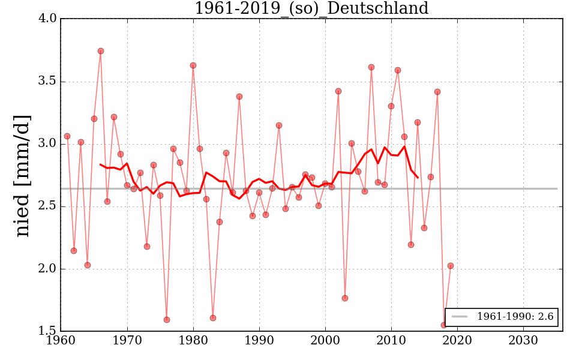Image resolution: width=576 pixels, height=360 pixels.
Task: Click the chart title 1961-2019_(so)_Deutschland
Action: click(x=311, y=8)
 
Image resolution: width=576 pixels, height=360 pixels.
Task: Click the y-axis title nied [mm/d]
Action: click(x=22, y=175)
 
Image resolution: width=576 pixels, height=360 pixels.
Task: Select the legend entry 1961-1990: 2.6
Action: click(x=502, y=316)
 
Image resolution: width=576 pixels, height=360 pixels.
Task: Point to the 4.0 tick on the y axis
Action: click(x=48, y=19)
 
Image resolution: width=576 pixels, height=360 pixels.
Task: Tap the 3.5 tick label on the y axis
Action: click(x=48, y=81)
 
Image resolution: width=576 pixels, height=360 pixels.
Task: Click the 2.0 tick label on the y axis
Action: click(x=48, y=269)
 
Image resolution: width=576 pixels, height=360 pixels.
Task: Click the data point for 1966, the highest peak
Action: click(x=101, y=51)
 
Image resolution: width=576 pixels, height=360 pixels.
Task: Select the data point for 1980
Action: click(x=193, y=65)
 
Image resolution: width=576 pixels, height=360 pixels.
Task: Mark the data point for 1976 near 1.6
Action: click(x=167, y=320)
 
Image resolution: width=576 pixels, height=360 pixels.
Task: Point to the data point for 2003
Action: click(x=345, y=298)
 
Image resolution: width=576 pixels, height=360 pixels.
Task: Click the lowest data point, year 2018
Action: click(x=444, y=325)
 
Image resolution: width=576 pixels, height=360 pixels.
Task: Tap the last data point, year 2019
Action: click(x=451, y=266)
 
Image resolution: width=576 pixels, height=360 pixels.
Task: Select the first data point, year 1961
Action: click(x=67, y=136)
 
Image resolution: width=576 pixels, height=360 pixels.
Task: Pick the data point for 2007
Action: click(x=371, y=67)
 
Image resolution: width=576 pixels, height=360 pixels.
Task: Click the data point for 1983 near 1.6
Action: click(x=213, y=318)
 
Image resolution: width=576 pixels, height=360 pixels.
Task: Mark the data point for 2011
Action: click(x=398, y=70)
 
